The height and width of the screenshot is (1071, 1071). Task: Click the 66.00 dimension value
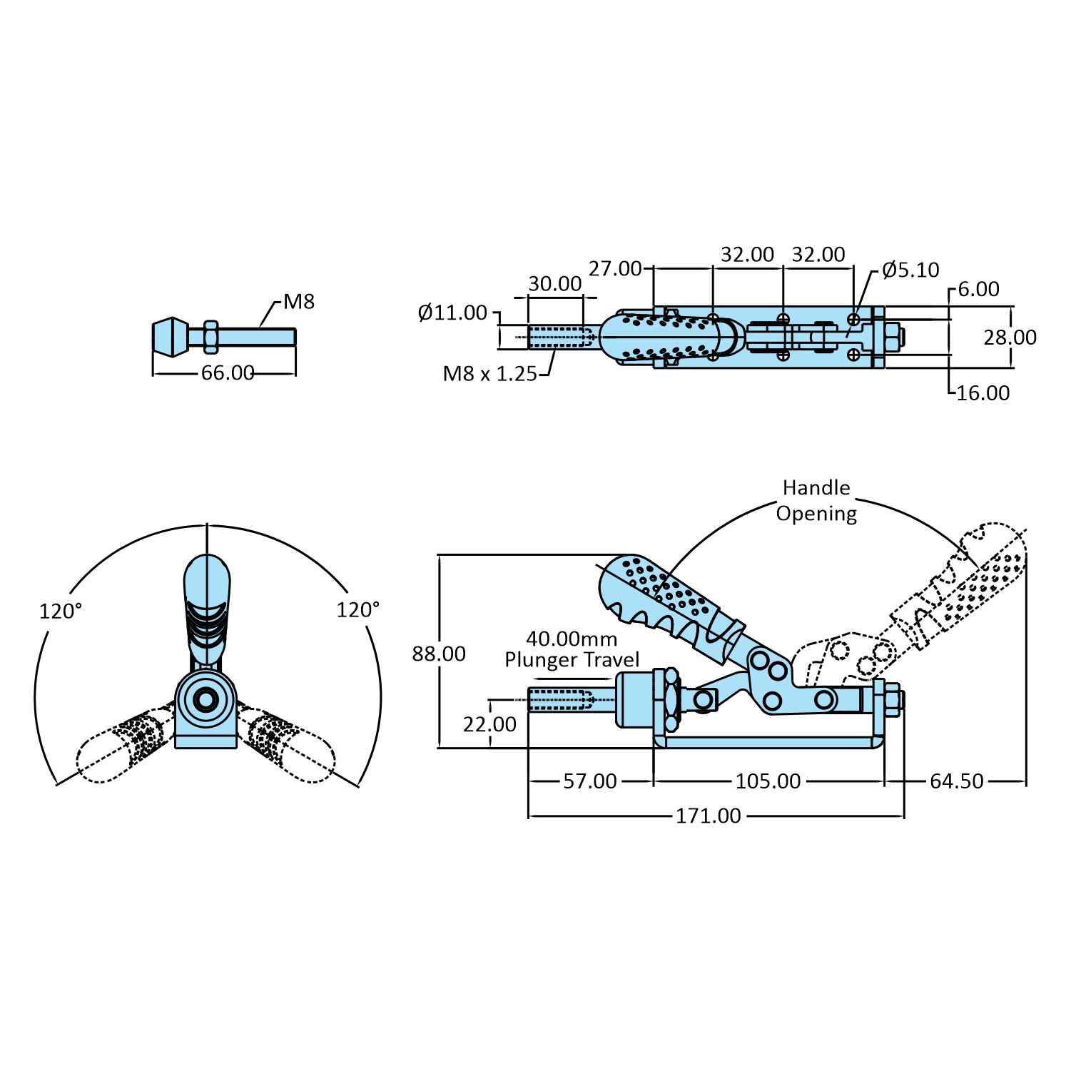228,373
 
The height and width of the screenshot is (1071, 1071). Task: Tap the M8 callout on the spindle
299,302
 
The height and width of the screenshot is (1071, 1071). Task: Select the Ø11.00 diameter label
452,313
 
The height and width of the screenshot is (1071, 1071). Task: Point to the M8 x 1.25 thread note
489,374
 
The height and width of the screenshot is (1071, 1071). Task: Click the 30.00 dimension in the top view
555,284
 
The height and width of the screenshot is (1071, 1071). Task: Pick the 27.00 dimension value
615,269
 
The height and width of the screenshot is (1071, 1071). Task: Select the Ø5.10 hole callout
910,270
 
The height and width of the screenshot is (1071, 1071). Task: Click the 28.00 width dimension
1010,337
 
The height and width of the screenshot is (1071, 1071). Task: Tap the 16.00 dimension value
983,393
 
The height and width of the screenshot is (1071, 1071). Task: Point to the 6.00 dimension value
978,290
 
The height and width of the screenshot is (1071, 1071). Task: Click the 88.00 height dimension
439,654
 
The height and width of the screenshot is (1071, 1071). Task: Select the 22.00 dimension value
489,725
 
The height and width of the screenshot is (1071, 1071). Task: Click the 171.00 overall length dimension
709,816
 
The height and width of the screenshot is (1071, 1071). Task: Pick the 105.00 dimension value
768,781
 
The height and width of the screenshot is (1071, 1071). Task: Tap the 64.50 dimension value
957,781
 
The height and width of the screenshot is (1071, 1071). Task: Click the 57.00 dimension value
590,781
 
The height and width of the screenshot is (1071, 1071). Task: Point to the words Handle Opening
817,501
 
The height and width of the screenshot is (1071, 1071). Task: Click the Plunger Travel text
572,660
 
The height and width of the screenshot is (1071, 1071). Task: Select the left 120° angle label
61,611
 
